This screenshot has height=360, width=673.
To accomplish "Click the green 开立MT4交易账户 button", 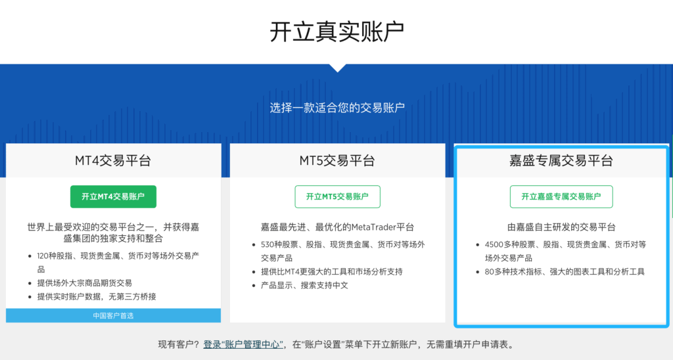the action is [x=113, y=196].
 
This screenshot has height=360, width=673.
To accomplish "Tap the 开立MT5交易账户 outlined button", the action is [x=337, y=196].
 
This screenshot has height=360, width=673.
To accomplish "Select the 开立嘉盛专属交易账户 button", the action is [x=561, y=196].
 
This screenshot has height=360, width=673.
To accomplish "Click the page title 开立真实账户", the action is [x=337, y=32].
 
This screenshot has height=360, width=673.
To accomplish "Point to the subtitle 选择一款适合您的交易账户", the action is [x=337, y=107].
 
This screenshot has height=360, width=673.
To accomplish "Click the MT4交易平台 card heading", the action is [x=113, y=160].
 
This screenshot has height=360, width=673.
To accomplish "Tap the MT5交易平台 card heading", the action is [x=337, y=160].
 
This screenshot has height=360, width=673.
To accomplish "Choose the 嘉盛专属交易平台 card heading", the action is [x=561, y=160].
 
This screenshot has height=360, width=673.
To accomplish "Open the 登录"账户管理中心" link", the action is [x=243, y=344].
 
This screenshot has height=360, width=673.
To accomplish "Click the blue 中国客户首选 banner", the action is [x=113, y=315].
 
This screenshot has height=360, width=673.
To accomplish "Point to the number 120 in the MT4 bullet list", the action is [x=43, y=256].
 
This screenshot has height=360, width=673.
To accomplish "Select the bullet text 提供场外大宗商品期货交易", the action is [x=85, y=282].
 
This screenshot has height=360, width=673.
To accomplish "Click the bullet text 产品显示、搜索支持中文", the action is [x=304, y=285].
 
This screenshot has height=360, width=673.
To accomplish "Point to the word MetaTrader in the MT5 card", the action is [x=373, y=227].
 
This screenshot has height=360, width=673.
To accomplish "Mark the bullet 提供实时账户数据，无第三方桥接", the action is [x=97, y=296].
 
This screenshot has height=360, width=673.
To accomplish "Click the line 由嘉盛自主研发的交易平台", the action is [x=561, y=227].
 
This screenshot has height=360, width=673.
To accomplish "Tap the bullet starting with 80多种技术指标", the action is [x=565, y=271].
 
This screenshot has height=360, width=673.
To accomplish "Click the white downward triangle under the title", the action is [x=338, y=68].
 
